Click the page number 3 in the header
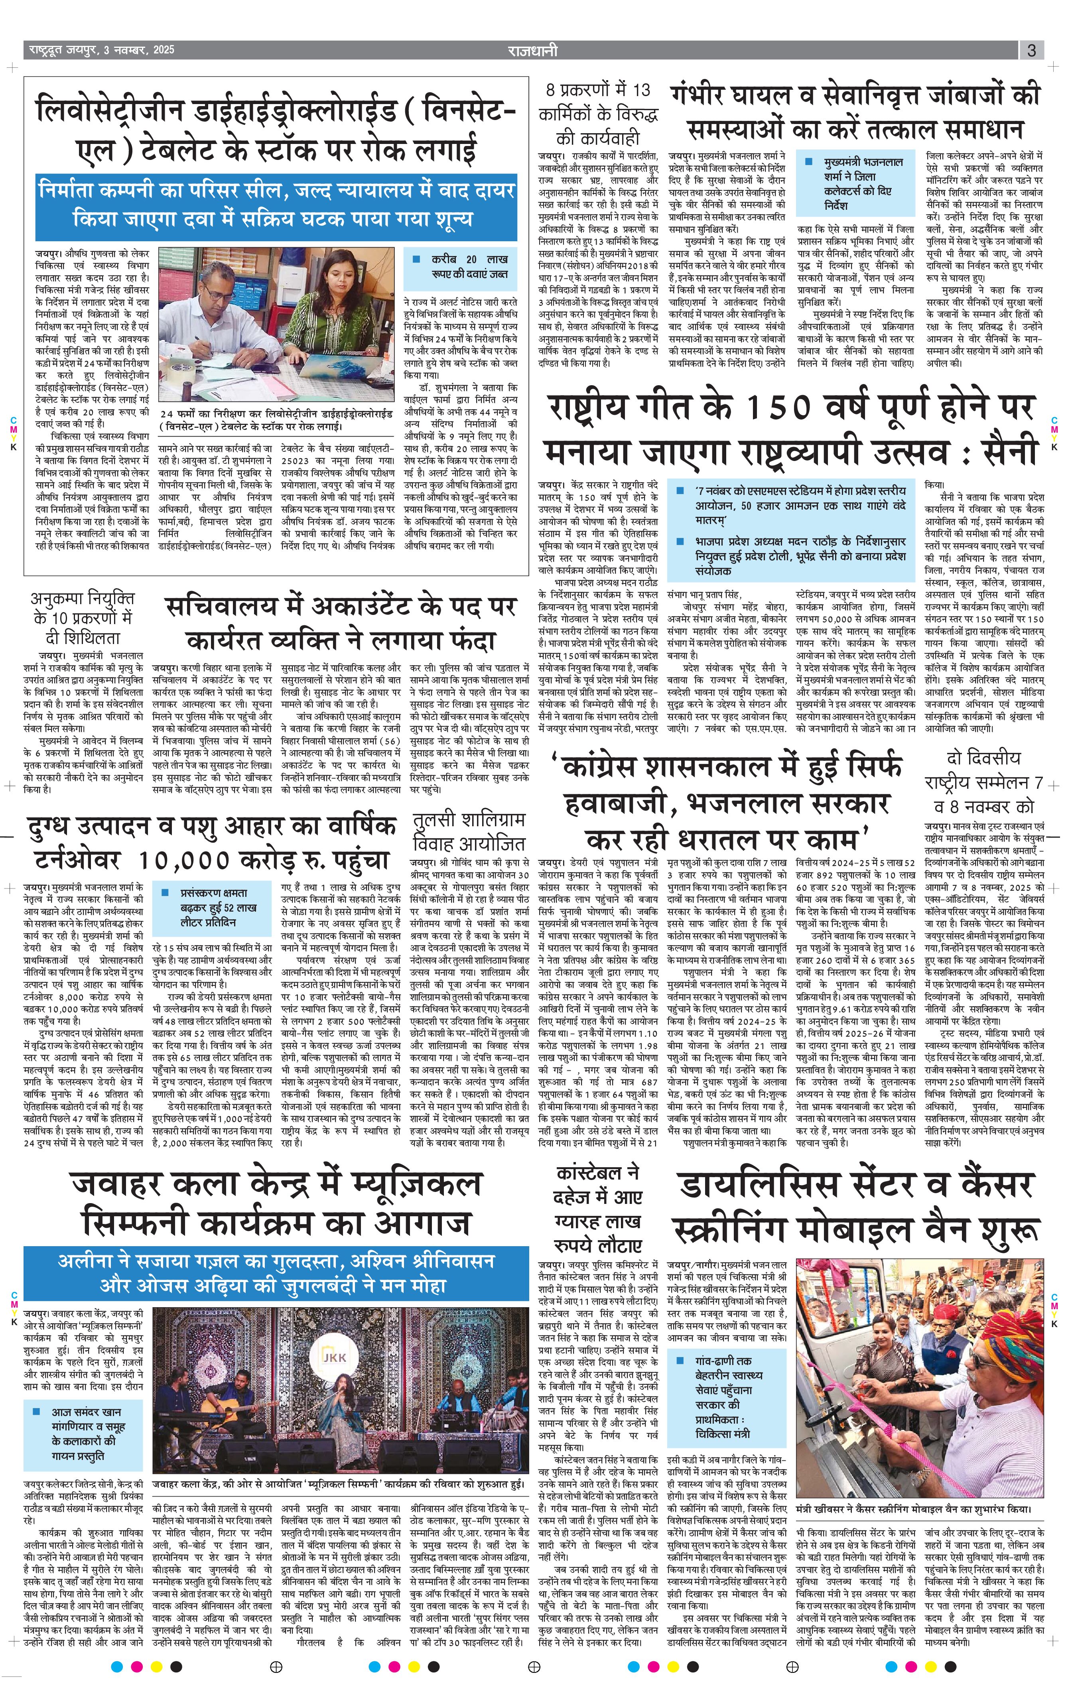coord(1031,51)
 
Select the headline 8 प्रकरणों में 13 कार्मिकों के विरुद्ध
coord(598,113)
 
